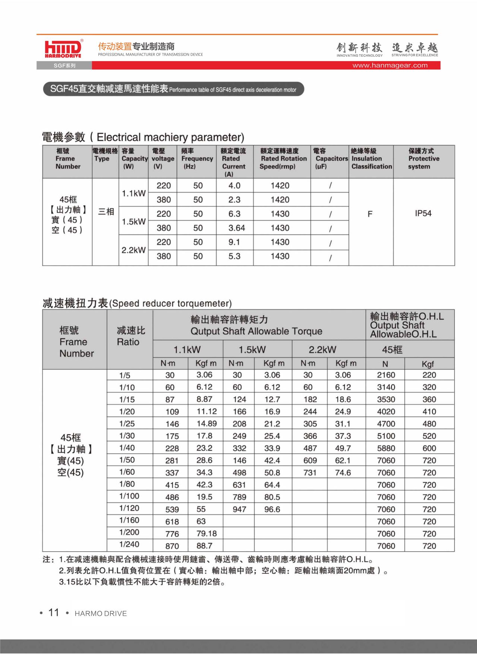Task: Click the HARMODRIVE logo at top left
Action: pyautogui.click(x=63, y=48)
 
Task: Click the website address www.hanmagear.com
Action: pyautogui.click(x=390, y=66)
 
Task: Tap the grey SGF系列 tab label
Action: pyautogui.click(x=64, y=66)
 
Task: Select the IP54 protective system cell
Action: pyautogui.click(x=423, y=213)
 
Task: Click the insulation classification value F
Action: pyautogui.click(x=370, y=214)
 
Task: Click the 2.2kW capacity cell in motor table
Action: pyautogui.click(x=133, y=250)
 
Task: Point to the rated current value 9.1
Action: pyautogui.click(x=234, y=242)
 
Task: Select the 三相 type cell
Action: pyautogui.click(x=106, y=212)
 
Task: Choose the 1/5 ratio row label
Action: pyautogui.click(x=125, y=375)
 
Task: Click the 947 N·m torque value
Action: pyautogui.click(x=239, y=509)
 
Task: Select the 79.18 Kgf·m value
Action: pyautogui.click(x=206, y=533)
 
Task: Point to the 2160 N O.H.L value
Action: pyautogui.click(x=386, y=375)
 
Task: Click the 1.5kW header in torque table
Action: pyautogui.click(x=252, y=350)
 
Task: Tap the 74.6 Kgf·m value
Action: pyautogui.click(x=343, y=473)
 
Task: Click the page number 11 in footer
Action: pyautogui.click(x=54, y=613)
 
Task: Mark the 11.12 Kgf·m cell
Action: pyautogui.click(x=207, y=411)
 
